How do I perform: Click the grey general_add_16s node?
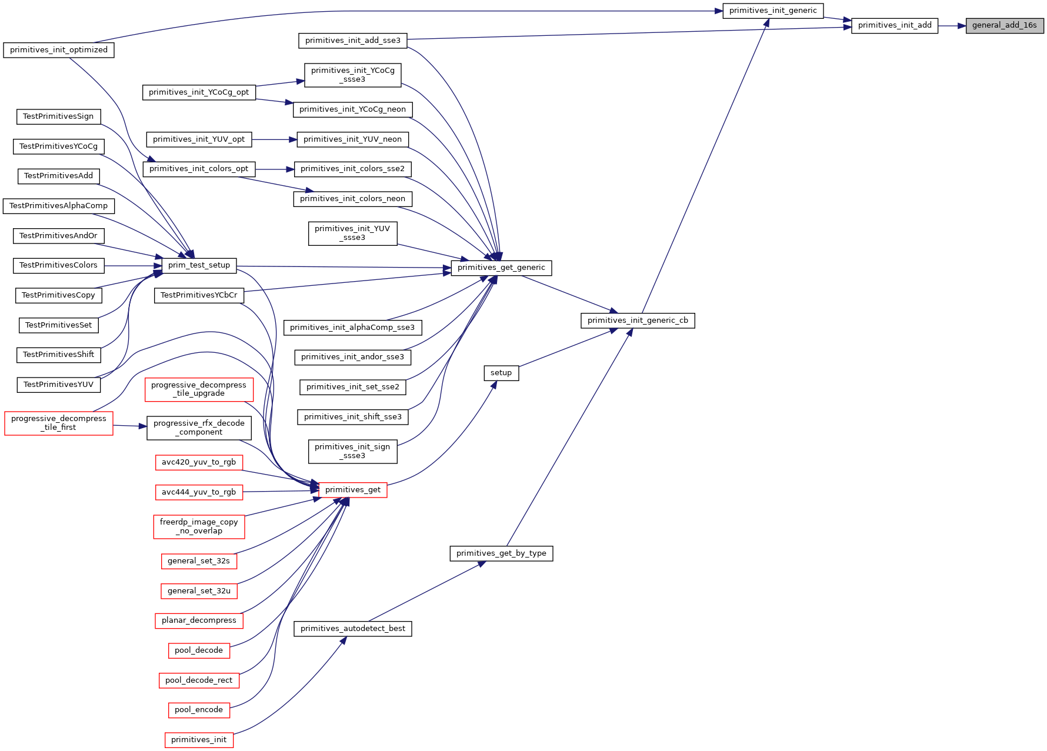[1005, 25]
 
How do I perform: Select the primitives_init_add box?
[895, 25]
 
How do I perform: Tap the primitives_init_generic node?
[773, 11]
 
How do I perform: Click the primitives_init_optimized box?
[59, 50]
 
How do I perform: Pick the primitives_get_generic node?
[501, 268]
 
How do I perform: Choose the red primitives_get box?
[353, 490]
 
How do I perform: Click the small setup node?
[501, 373]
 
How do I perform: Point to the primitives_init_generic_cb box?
[638, 321]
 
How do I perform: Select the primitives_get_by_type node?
[501, 553]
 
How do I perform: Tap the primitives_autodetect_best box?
[353, 629]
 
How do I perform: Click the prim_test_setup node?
[199, 265]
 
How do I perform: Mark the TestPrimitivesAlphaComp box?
[59, 206]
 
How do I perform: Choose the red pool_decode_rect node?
[199, 680]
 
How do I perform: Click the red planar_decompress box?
[199, 620]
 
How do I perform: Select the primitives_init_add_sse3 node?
[353, 41]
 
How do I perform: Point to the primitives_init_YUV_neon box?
[353, 139]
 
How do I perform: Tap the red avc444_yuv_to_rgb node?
[199, 492]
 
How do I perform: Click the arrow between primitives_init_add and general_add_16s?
[952, 26]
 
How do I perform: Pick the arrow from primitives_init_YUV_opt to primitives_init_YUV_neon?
[274, 139]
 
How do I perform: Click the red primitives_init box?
[199, 740]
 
